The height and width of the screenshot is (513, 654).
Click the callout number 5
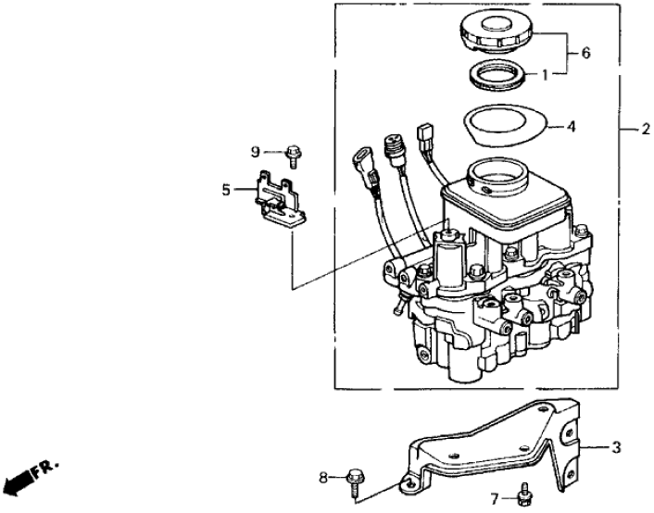pyautogui.click(x=225, y=190)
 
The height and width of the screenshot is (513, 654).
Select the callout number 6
pyautogui.click(x=585, y=54)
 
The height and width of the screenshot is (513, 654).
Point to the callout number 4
pyautogui.click(x=571, y=125)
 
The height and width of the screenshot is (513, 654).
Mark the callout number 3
pyautogui.click(x=614, y=448)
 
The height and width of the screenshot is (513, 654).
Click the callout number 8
pyautogui.click(x=323, y=477)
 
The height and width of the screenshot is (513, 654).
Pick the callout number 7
pyautogui.click(x=494, y=497)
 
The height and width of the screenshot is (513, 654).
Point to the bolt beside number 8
pyautogui.click(x=356, y=479)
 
